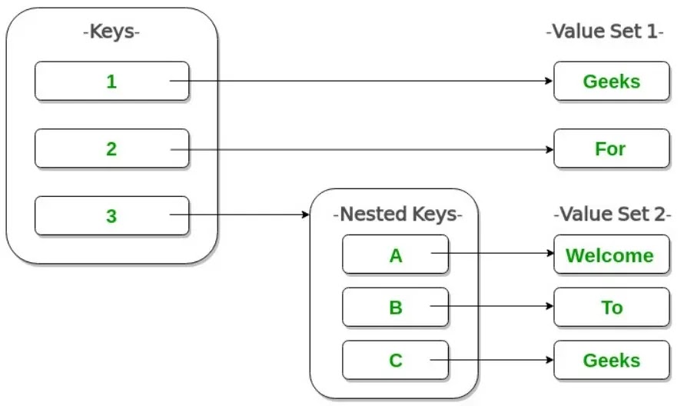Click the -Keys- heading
click(111, 32)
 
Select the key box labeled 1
click(111, 81)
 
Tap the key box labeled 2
click(111, 148)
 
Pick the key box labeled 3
click(111, 215)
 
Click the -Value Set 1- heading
click(605, 32)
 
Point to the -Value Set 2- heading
click(612, 215)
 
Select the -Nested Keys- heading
click(398, 215)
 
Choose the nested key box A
click(395, 255)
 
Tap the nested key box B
click(395, 308)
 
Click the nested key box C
click(395, 360)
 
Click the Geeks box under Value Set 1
click(612, 81)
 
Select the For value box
click(612, 148)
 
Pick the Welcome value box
click(612, 255)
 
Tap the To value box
click(612, 308)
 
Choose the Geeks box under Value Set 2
click(612, 360)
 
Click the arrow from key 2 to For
click(362, 149)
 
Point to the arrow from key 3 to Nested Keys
click(240, 215)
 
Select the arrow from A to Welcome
click(493, 253)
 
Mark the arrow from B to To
click(492, 306)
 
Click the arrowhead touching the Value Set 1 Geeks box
click(549, 81)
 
